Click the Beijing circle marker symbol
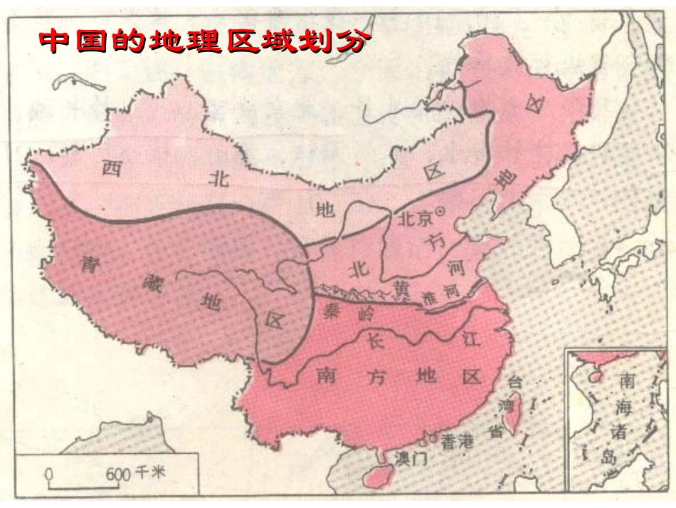pyautogui.click(x=440, y=212)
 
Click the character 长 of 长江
pyautogui.click(x=376, y=341)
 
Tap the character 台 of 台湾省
pyautogui.click(x=514, y=381)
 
